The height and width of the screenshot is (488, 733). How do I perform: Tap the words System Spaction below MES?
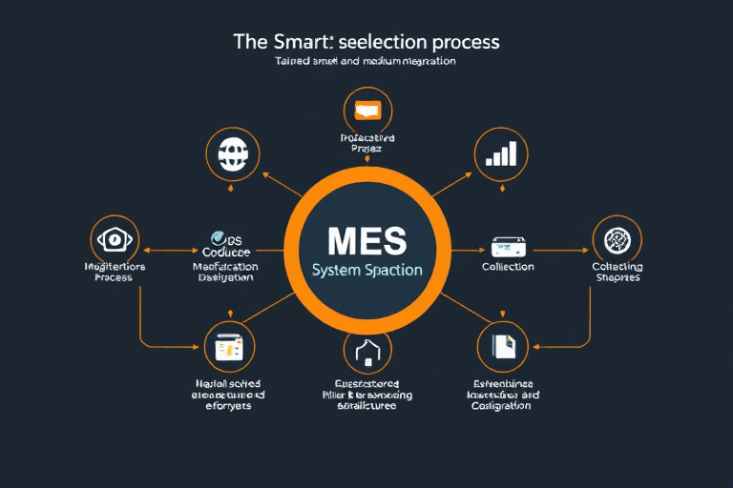367,271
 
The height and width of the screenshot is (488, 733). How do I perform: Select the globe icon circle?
233,152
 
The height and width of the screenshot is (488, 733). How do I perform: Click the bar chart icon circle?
501,152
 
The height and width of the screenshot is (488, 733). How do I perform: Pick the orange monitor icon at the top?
367,109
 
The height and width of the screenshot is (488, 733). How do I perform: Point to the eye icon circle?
115,238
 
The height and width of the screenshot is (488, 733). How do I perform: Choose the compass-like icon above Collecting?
617,238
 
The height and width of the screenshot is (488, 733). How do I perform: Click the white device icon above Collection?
508,246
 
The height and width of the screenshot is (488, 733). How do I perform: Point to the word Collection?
508,268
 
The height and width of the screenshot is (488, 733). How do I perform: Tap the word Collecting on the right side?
617,268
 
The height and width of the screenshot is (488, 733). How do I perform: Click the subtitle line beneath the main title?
366,61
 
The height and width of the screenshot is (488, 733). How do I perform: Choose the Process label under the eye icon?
114,277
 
